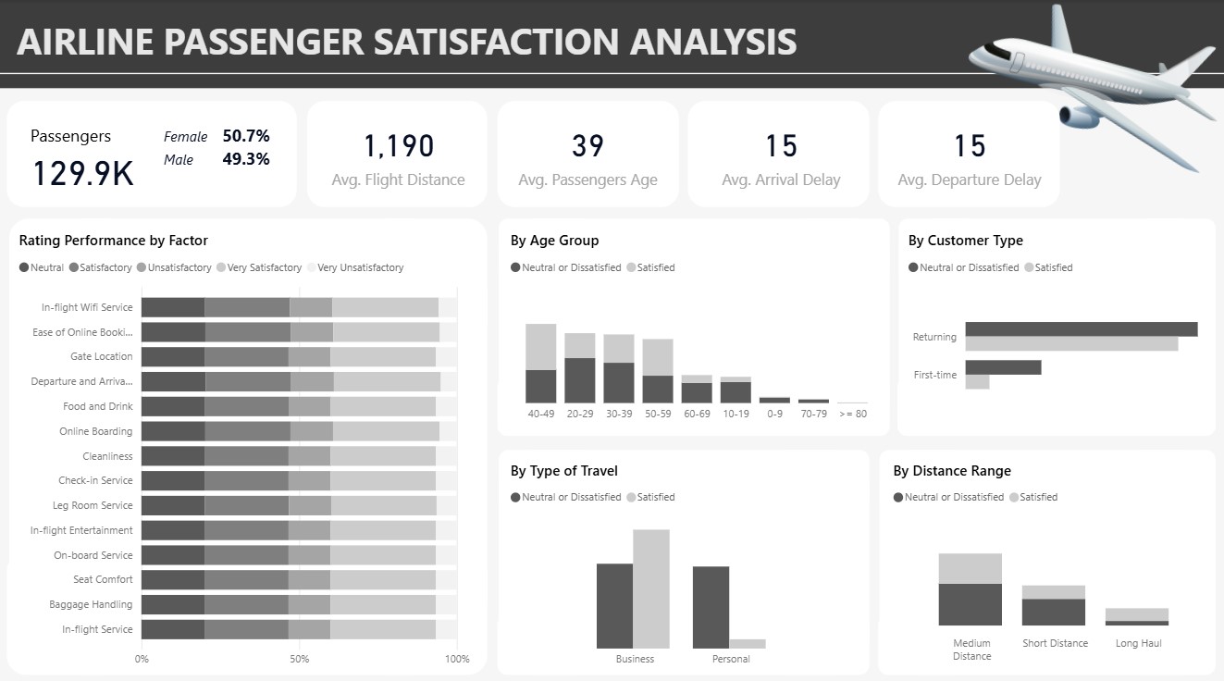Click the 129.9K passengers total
83,174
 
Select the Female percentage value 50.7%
246,135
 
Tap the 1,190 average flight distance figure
399,146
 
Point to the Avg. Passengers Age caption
587,180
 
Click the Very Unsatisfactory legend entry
355,267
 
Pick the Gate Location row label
101,356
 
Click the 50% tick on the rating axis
299,659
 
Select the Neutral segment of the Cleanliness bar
173,456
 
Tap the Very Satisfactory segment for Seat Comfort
382,579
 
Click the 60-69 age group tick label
697,414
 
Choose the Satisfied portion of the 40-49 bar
541,346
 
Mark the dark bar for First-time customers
1003,367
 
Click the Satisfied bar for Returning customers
1071,344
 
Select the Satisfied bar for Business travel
651,588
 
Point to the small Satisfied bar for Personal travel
748,644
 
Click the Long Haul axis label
1138,643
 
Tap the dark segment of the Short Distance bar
1054,613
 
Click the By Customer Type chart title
966,241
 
